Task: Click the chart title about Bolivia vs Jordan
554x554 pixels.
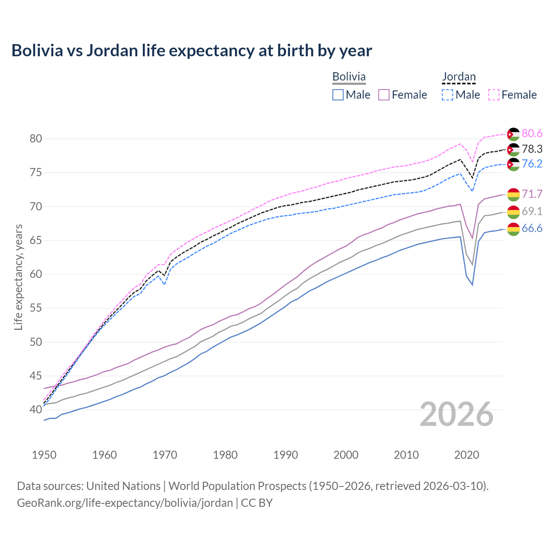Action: click(x=191, y=51)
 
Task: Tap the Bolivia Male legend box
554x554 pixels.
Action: click(x=338, y=95)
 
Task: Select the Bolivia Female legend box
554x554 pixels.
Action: click(x=384, y=95)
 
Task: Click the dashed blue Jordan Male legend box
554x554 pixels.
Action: click(x=448, y=95)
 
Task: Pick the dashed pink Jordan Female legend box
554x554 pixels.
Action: click(x=494, y=95)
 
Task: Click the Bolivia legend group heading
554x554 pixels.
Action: click(x=349, y=77)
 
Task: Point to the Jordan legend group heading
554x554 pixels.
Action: click(x=459, y=77)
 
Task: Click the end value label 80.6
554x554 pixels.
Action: click(x=532, y=134)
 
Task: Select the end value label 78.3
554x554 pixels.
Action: click(x=532, y=149)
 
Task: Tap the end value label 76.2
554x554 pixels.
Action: click(x=532, y=164)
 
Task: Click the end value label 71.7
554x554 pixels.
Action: click(x=532, y=194)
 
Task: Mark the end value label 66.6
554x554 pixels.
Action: click(x=532, y=229)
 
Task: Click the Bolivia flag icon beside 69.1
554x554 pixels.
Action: click(x=513, y=212)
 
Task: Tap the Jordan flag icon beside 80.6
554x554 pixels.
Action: click(x=513, y=134)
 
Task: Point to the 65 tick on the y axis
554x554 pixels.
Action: click(x=35, y=241)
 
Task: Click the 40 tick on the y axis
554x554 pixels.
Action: click(x=35, y=409)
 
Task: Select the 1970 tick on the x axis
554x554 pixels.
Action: click(x=165, y=455)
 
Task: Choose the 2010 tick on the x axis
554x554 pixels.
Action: click(x=406, y=455)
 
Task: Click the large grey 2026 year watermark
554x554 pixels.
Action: click(x=457, y=414)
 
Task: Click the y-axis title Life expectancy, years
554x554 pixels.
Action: click(x=18, y=277)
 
